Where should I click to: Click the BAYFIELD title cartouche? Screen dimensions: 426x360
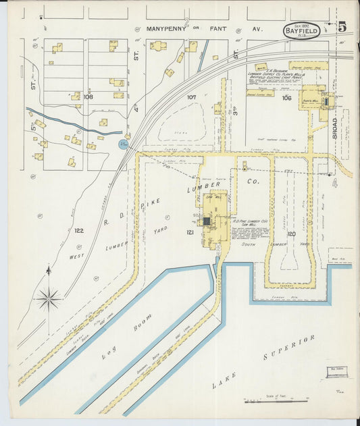(x=301, y=30)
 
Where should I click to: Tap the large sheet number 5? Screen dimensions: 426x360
(x=342, y=27)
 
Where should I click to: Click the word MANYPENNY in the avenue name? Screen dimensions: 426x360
(x=168, y=30)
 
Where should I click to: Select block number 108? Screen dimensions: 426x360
(x=88, y=97)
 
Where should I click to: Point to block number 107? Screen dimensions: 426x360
(x=192, y=97)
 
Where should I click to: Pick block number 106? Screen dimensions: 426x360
(x=286, y=98)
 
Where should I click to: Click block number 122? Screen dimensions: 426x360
(x=79, y=230)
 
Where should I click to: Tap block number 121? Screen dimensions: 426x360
(x=190, y=232)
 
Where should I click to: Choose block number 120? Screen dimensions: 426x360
(x=290, y=234)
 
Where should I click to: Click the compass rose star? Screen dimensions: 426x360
(x=49, y=296)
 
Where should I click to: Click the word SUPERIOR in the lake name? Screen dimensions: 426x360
(x=289, y=351)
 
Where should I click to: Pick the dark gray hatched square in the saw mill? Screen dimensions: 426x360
(x=207, y=221)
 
